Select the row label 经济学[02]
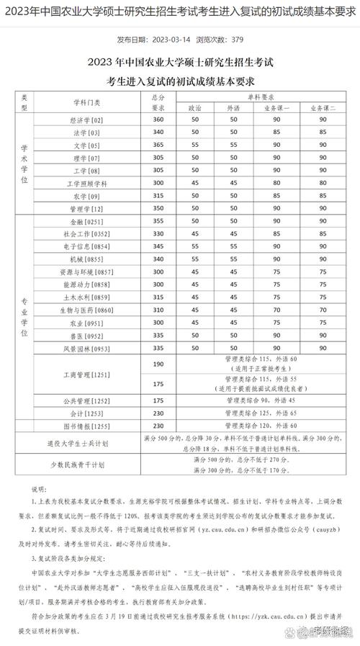87,120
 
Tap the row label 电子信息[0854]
87,246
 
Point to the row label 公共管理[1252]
87,400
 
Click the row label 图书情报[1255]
87,426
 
